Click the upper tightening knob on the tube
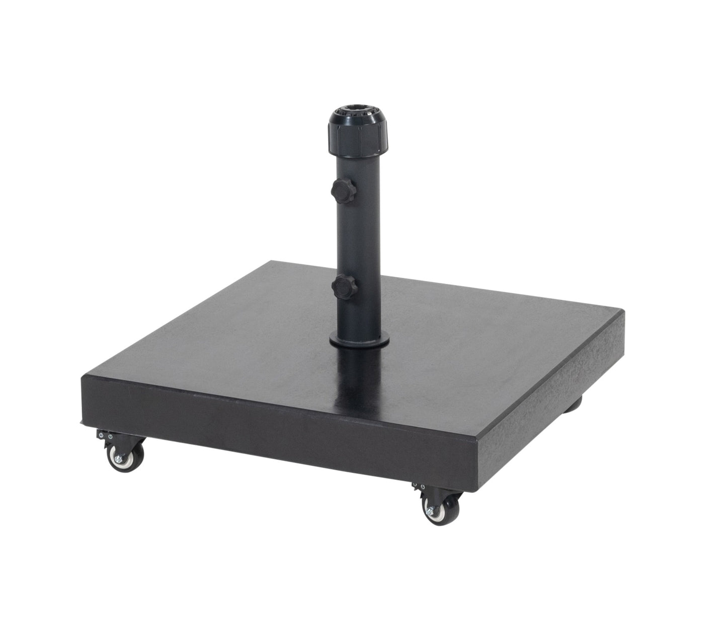point(343,190)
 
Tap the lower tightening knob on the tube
point(345,287)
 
